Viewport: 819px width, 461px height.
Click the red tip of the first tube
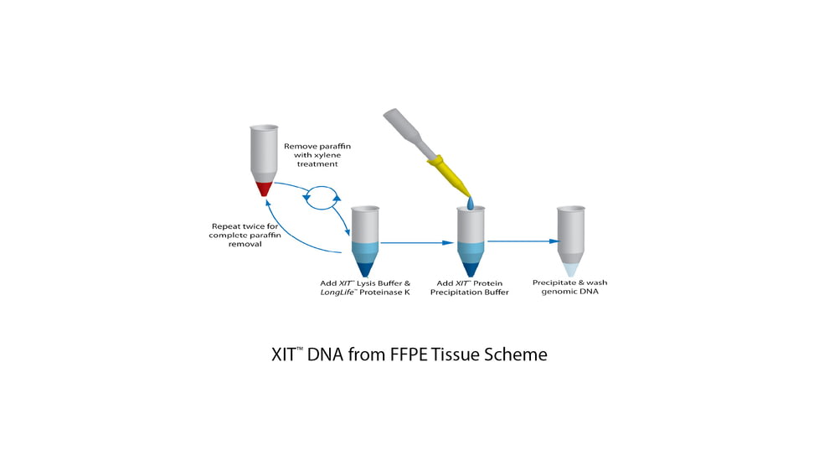[264, 189]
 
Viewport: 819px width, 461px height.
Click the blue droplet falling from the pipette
[471, 204]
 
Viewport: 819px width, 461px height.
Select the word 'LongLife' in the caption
[341, 294]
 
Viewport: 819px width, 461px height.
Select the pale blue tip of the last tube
[572, 269]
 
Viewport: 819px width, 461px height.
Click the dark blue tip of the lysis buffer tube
[366, 267]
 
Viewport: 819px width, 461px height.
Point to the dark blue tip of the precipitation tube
[471, 267]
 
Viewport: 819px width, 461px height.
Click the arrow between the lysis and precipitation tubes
[415, 243]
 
